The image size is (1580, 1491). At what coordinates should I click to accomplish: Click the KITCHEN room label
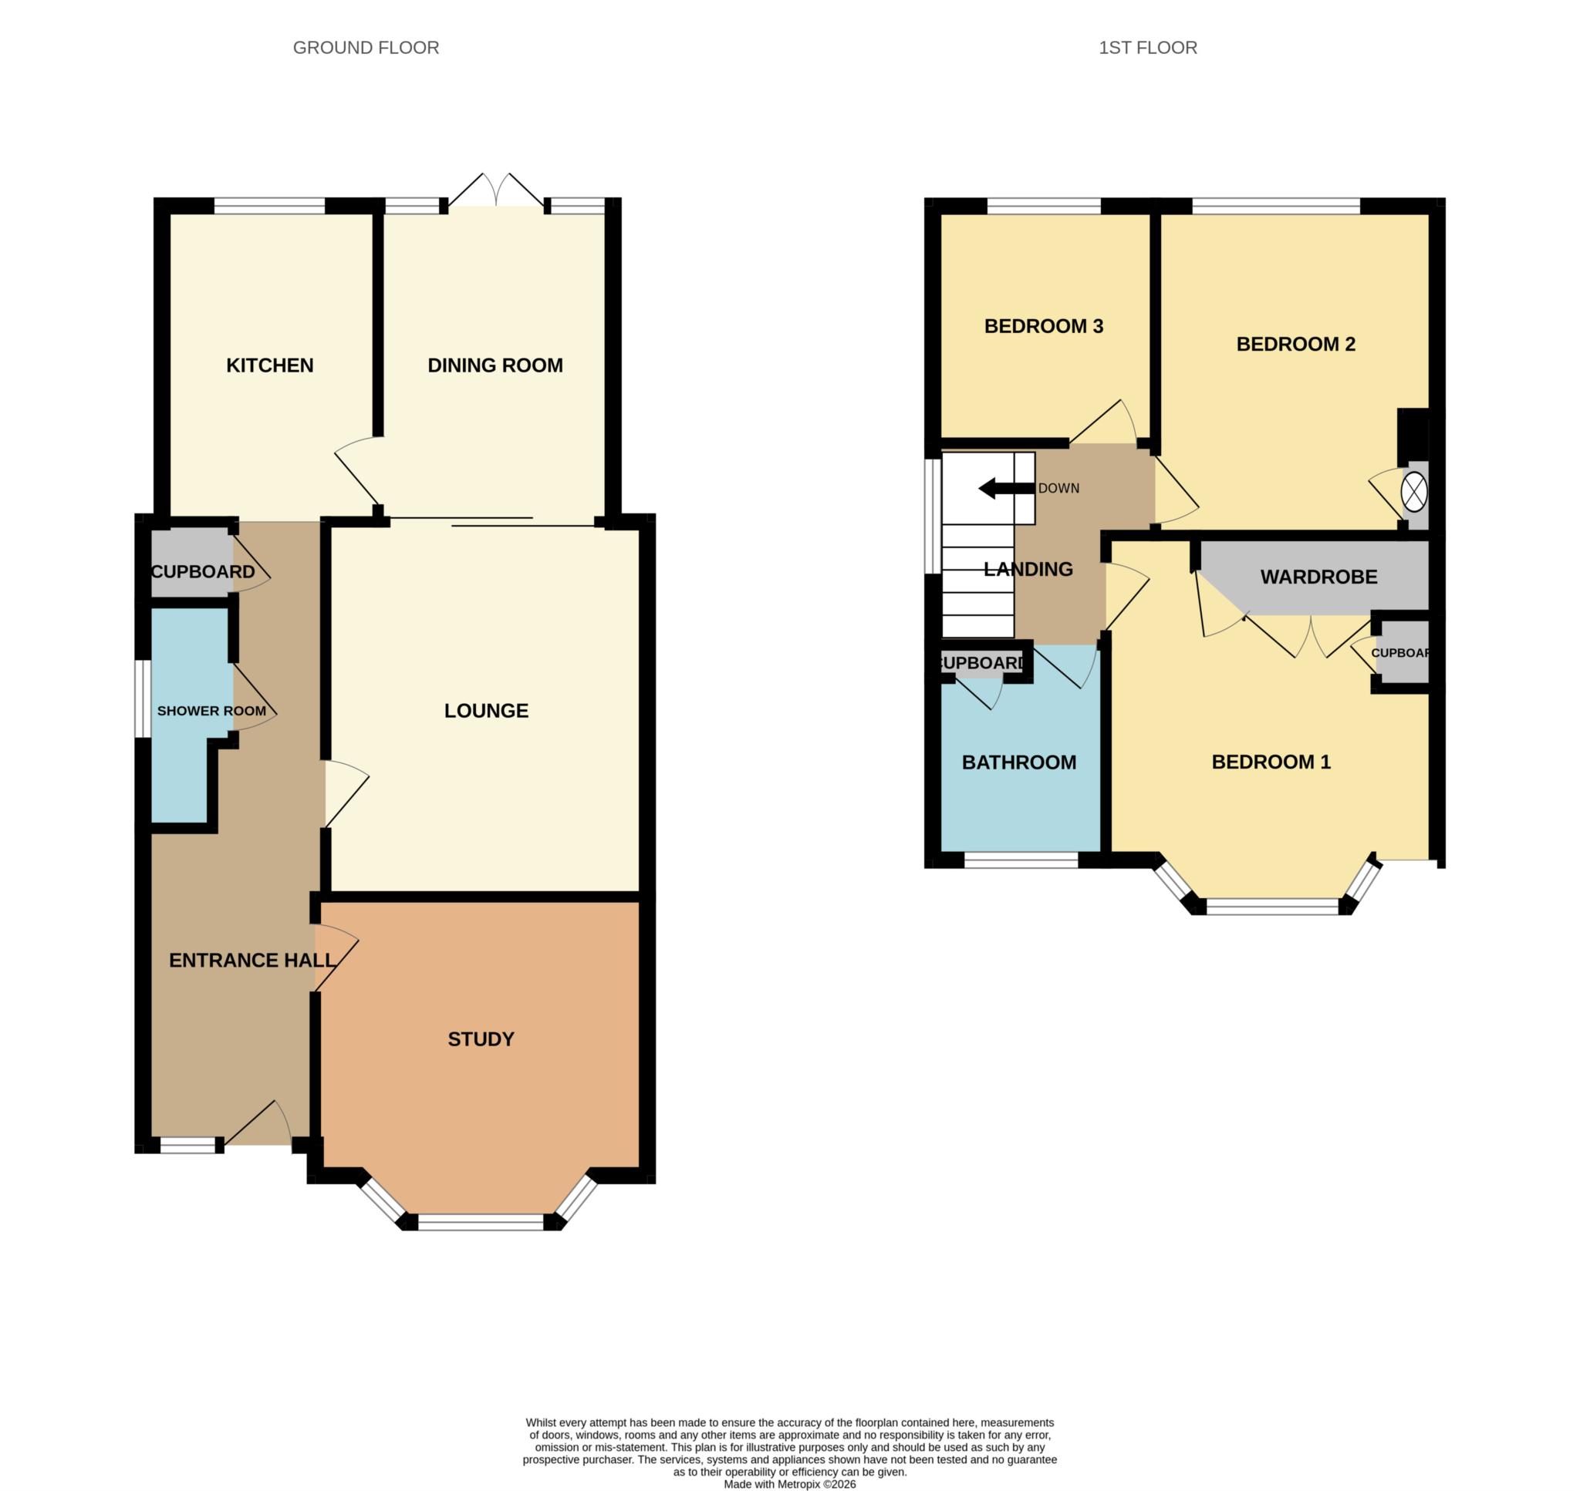point(269,365)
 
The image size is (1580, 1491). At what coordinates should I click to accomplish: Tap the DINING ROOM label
point(495,365)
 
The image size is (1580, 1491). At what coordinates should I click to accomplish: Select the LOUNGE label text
point(486,711)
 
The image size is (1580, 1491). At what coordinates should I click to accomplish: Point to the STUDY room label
point(481,1038)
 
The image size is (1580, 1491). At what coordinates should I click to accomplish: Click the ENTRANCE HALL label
point(252,960)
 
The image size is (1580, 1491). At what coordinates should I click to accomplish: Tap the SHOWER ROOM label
point(211,711)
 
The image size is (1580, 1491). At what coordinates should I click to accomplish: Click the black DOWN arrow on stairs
point(1005,488)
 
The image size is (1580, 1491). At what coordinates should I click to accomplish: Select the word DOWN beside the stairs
point(1058,488)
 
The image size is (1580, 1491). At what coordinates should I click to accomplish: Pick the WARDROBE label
point(1318,577)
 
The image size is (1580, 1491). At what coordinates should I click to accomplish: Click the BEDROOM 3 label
point(1043,326)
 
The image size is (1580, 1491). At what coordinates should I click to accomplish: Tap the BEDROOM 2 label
point(1295,344)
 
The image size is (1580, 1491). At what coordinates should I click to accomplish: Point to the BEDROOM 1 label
point(1271,762)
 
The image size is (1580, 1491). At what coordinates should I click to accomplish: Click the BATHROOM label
point(1018,762)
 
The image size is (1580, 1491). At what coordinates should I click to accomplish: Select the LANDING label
point(1028,569)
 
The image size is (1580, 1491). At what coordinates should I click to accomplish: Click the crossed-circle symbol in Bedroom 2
point(1414,492)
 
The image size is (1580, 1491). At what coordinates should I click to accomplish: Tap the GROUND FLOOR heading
point(366,48)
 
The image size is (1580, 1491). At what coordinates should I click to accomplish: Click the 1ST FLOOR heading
point(1147,48)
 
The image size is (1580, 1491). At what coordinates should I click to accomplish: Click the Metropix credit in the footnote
point(788,1483)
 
